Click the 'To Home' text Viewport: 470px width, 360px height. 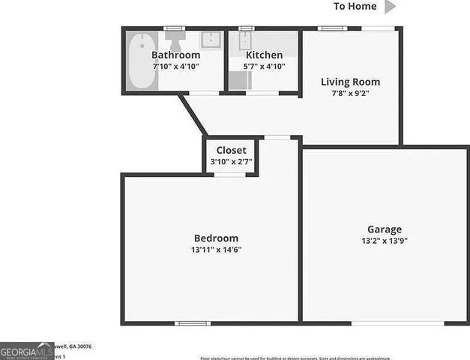pos(355,7)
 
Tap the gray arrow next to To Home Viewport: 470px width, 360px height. pos(390,7)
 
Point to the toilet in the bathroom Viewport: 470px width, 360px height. pos(175,39)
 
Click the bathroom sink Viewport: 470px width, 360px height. pos(211,39)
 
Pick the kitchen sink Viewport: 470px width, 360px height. pos(247,40)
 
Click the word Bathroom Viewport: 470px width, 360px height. pos(175,55)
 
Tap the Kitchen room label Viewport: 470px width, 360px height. pos(264,55)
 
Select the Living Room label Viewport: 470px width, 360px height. pos(350,82)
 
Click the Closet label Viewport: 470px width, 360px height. pos(231,150)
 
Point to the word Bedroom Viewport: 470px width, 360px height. pos(216,238)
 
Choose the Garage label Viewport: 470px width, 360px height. pos(384,229)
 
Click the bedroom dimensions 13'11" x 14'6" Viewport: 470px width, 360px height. pos(217,250)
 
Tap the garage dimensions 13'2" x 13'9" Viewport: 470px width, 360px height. pos(384,241)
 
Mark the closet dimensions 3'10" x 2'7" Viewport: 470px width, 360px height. pos(231,162)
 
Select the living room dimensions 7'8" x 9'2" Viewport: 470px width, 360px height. pos(350,94)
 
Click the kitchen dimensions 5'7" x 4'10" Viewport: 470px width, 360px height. pos(264,66)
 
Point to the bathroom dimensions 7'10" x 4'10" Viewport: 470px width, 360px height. pos(175,66)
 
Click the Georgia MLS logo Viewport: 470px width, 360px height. pos(26,351)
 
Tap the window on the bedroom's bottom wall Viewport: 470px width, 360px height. pos(193,323)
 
